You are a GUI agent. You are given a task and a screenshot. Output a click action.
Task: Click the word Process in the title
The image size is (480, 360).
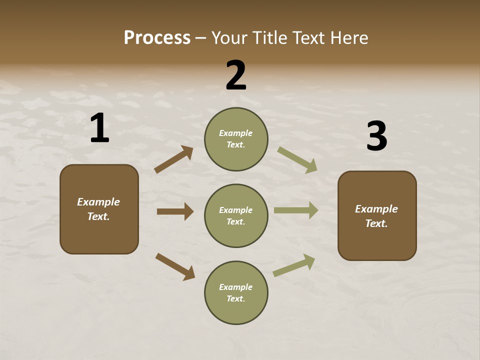pos(157,38)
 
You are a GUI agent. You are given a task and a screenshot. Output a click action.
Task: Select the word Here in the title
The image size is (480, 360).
pos(348,38)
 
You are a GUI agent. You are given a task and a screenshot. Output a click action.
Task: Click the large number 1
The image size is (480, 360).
pos(99,128)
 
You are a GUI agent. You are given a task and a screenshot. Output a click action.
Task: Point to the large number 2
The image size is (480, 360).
pos(236,75)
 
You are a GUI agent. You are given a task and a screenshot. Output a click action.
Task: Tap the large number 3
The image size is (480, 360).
pos(376,136)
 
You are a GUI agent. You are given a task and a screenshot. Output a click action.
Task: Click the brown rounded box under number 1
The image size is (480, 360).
pos(99,209)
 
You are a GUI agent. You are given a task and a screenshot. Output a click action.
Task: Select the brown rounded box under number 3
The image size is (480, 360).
pos(377,216)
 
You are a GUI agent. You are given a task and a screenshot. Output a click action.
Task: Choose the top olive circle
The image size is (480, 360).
pos(236,139)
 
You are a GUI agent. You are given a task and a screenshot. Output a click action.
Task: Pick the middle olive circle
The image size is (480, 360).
pos(236,215)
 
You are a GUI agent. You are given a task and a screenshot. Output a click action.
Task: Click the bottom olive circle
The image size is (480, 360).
pos(236,292)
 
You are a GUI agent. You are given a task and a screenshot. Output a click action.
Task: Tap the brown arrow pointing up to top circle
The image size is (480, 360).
pos(174,159)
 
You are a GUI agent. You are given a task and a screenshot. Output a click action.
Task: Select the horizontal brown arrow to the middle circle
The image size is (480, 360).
pos(175,211)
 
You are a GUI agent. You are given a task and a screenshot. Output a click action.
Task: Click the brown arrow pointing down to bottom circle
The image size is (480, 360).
pos(175,266)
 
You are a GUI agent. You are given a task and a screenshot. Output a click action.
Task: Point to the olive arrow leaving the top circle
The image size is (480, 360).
pos(297,160)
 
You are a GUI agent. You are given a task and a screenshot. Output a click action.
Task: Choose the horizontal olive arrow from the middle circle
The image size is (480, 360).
pos(296,210)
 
